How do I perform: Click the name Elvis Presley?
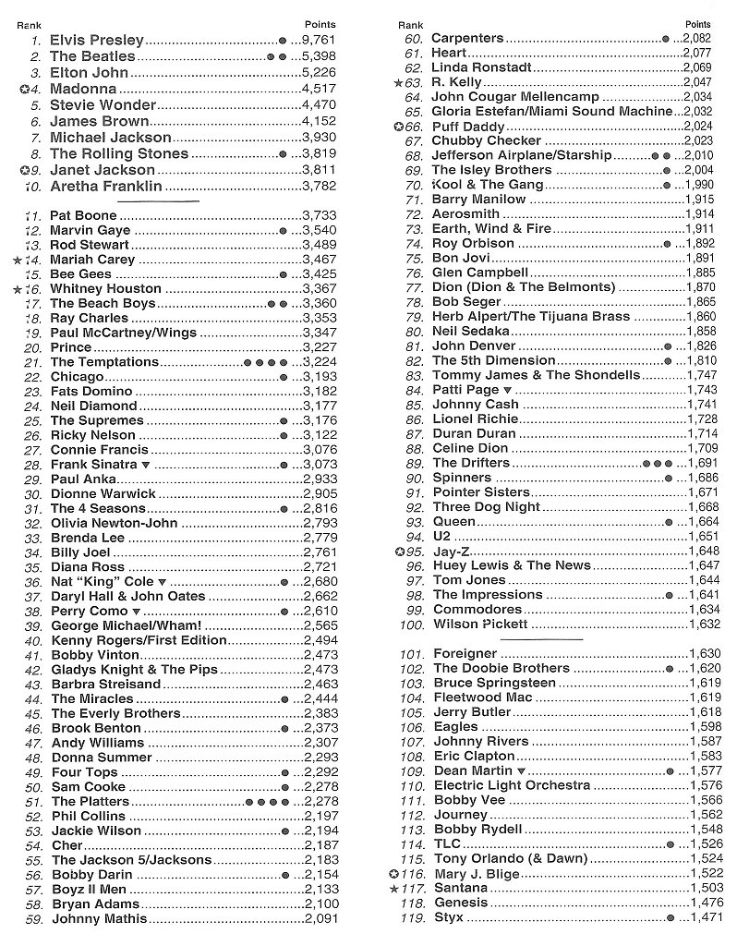coord(97,40)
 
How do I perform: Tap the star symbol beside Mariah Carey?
coord(17,260)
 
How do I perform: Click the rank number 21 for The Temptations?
coord(33,362)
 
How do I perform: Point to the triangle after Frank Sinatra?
coord(145,465)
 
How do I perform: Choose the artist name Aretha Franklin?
coord(106,187)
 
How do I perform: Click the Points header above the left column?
coord(320,24)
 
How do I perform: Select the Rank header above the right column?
coord(410,24)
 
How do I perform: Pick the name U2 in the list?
coord(441,536)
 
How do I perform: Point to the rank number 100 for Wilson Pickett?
coord(411,625)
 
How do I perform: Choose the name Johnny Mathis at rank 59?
coord(99,919)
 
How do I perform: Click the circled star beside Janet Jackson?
coord(24,170)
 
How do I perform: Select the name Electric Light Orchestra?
coord(511,785)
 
